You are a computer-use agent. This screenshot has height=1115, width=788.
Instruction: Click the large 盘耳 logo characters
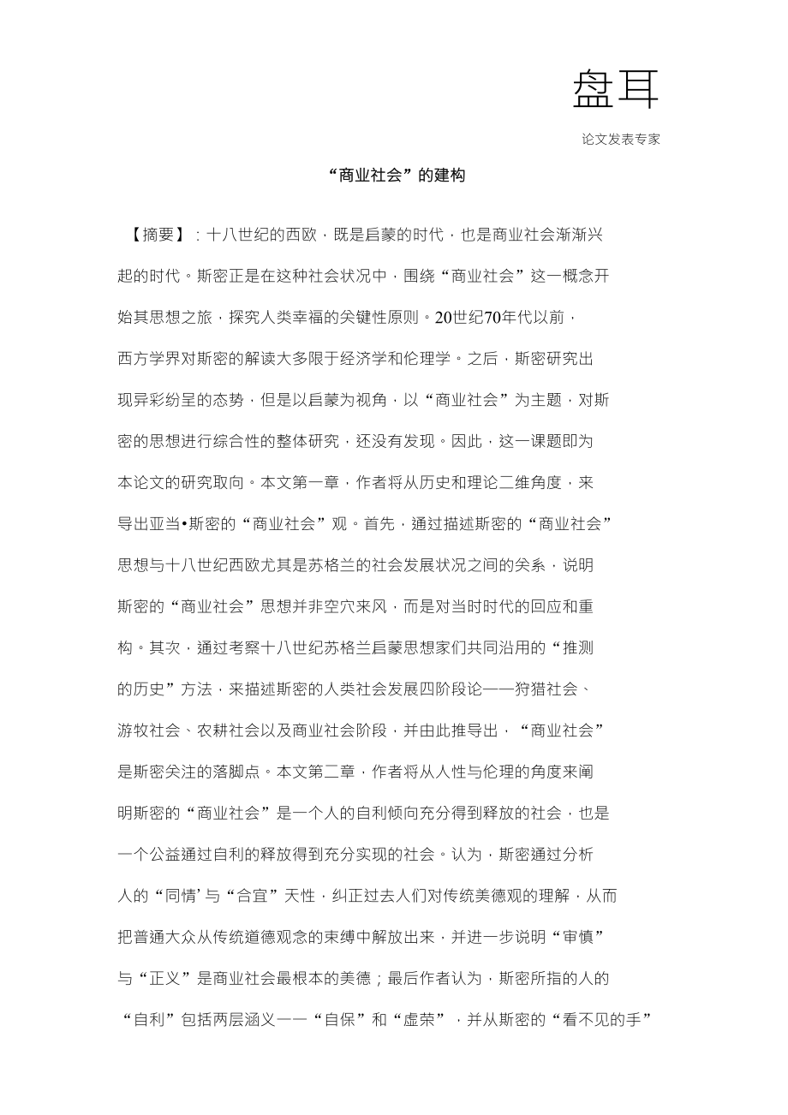pos(615,89)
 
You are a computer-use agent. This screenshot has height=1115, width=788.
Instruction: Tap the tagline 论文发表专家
pos(621,140)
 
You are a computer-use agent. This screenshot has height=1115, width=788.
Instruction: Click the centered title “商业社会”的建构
pos(395,176)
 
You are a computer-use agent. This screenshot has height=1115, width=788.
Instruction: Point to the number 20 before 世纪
pos(443,318)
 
